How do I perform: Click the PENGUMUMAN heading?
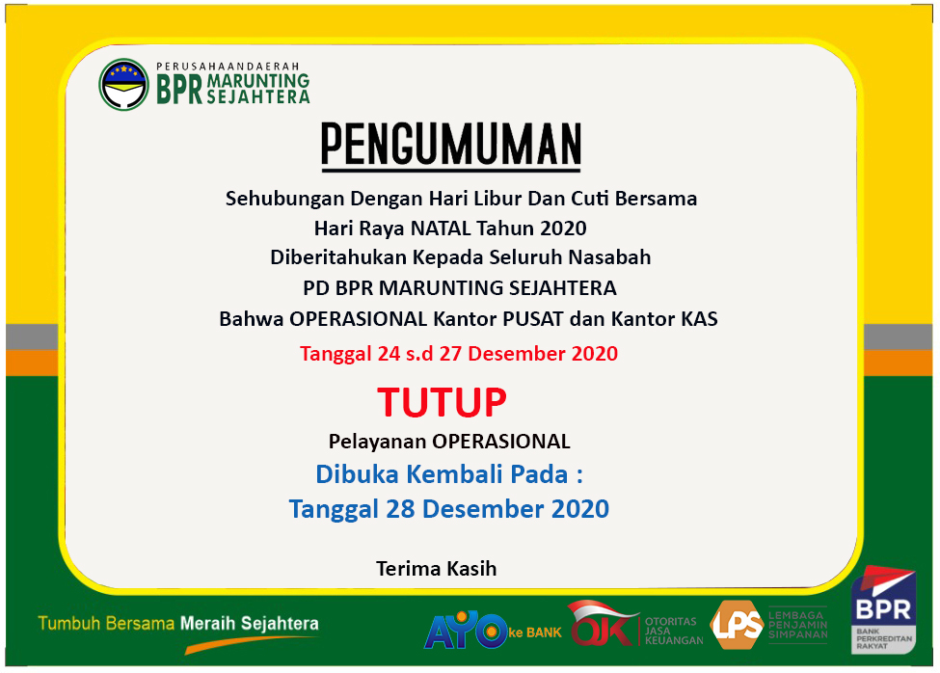[x=451, y=145]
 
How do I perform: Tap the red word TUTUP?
[x=442, y=402]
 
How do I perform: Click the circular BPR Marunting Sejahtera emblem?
[x=123, y=85]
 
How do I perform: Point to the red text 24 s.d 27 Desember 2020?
[x=497, y=354]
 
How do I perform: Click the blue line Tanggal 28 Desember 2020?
[x=449, y=509]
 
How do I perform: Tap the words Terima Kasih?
[x=437, y=568]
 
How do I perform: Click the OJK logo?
[x=603, y=625]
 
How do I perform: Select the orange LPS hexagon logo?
[x=737, y=625]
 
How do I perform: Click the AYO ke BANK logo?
[x=493, y=631]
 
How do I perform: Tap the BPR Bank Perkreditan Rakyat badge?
[x=884, y=609]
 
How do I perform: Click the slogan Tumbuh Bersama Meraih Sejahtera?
[x=178, y=623]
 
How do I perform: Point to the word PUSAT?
[x=533, y=319]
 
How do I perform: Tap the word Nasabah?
[x=609, y=257]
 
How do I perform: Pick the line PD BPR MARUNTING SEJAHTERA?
[x=460, y=288]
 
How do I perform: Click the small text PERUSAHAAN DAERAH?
[x=228, y=67]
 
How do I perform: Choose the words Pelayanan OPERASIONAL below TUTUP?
[x=449, y=442]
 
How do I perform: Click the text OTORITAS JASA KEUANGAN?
[x=674, y=631]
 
